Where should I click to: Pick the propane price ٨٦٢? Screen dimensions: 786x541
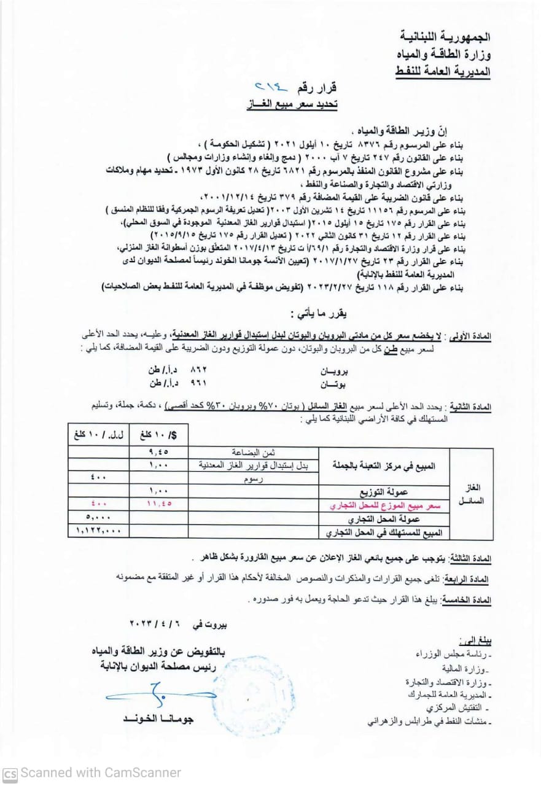point(200,372)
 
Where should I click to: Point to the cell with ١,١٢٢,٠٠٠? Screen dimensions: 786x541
point(99,530)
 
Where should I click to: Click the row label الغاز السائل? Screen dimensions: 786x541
point(472,494)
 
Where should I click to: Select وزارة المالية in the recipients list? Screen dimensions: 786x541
point(464,667)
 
